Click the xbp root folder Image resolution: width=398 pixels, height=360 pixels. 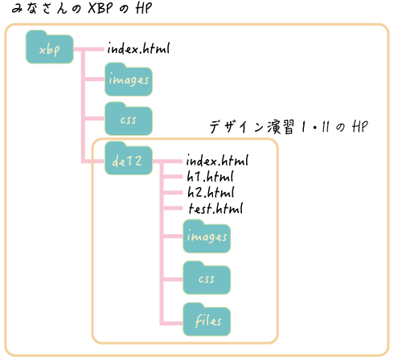pos(50,47)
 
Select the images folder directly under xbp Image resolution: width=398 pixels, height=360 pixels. pos(129,80)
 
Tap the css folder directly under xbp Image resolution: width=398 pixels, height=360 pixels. pos(129,119)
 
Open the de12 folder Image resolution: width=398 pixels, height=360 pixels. pos(129,158)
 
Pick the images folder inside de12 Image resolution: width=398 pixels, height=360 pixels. pos(207,236)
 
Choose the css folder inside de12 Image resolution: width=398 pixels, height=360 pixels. pos(207,278)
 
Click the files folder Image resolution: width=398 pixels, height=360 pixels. pos(207,320)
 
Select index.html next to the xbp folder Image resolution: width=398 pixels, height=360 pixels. pos(138,48)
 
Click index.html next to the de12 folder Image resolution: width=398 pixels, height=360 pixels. pos(217,160)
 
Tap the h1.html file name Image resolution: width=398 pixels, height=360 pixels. pos(210,176)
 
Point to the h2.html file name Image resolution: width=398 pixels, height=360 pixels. pos(211,192)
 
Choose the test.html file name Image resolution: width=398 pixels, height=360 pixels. pos(215,208)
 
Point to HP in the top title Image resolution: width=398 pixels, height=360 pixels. pos(144,8)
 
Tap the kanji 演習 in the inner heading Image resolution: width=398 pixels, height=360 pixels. pos(281,127)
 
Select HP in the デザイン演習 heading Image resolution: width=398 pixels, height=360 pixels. pos(360,126)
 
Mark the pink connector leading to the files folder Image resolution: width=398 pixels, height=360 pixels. pos(173,323)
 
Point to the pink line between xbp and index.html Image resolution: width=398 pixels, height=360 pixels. pos(88,49)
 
